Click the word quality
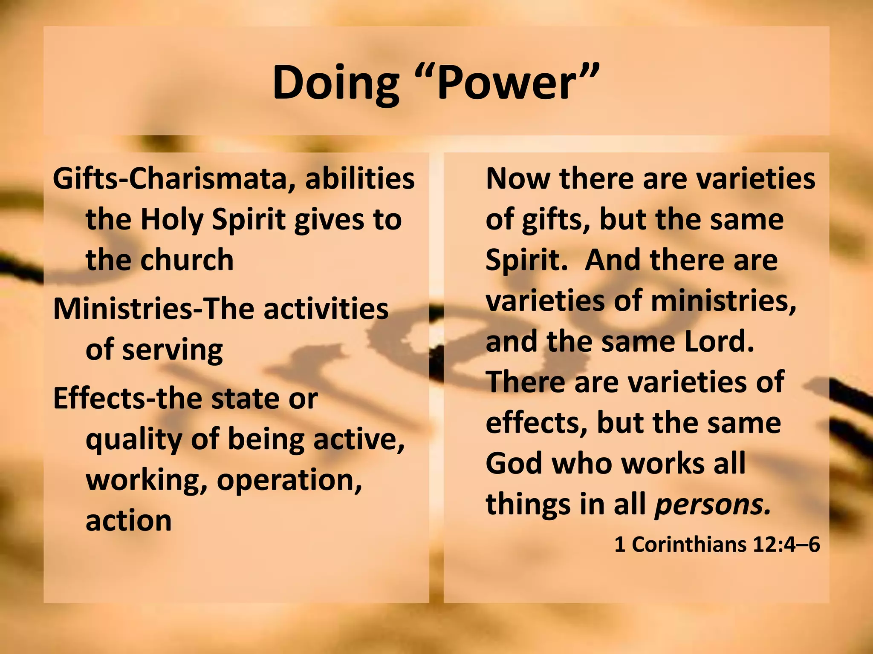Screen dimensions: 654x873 coord(133,440)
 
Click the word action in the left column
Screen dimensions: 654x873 coord(128,520)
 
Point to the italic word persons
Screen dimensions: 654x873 coord(713,505)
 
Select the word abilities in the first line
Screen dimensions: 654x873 coord(360,179)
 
